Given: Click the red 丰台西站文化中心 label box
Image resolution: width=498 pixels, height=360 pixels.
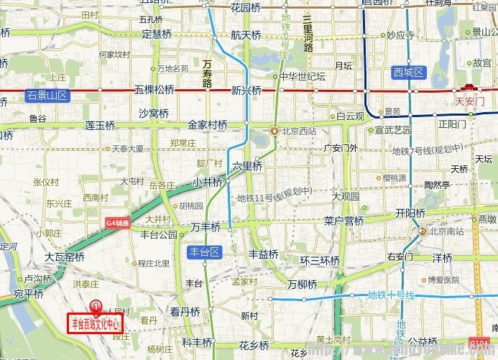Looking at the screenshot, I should coord(96,323).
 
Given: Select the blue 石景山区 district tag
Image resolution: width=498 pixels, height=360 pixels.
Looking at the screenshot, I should coord(46,96).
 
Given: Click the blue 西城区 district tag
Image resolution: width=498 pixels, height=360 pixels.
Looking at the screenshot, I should coord(410,72).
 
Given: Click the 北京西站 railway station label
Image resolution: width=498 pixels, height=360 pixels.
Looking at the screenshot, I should coord(294,131).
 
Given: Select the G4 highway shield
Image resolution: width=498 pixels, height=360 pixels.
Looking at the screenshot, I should coord(118,223).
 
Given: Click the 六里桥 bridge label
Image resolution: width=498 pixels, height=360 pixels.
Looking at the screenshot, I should coord(246,166).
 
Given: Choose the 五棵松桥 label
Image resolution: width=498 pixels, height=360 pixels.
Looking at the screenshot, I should coord(155,90).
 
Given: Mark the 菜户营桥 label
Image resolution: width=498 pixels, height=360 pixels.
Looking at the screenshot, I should coord(343,221).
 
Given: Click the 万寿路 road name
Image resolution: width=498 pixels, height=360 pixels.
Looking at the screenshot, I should coord(208,73).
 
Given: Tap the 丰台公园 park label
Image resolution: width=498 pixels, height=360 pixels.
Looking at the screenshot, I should coord(159,234).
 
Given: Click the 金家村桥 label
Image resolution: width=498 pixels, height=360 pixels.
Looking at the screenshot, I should coord(207,124).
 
